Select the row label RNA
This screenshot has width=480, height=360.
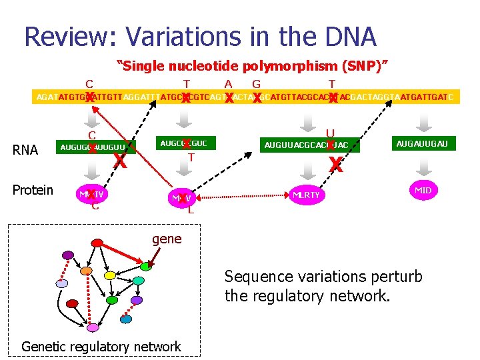click(x=25, y=150)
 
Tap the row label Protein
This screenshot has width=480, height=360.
click(x=33, y=190)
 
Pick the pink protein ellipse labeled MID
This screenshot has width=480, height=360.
click(x=423, y=190)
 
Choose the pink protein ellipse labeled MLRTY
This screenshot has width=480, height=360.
click(x=307, y=195)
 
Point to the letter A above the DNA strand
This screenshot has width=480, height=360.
click(x=228, y=84)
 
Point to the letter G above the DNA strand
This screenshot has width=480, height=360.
click(x=256, y=84)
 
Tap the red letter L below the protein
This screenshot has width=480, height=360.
click(x=191, y=210)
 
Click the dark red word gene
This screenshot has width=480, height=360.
click(x=167, y=239)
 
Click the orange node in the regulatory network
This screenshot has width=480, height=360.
click(x=85, y=271)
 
